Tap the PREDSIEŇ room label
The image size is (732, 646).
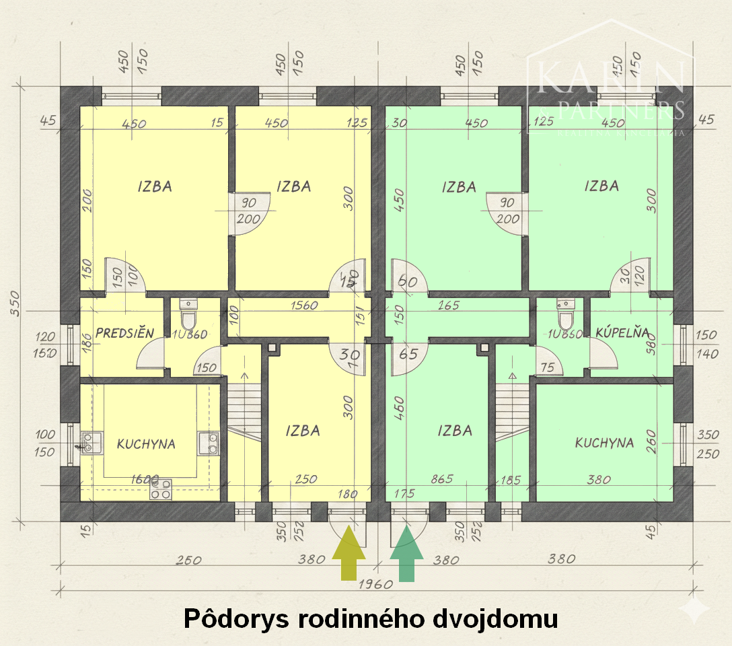[124, 333]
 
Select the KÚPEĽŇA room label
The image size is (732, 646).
[622, 332]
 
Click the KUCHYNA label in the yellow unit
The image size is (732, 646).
[146, 444]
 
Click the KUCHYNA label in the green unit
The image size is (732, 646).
[604, 443]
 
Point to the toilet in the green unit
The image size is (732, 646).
[566, 313]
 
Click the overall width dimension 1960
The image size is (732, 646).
[375, 583]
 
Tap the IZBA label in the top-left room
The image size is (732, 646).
[155, 186]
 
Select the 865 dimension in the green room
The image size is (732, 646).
[441, 480]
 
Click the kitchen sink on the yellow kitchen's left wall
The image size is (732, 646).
[87, 442]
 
